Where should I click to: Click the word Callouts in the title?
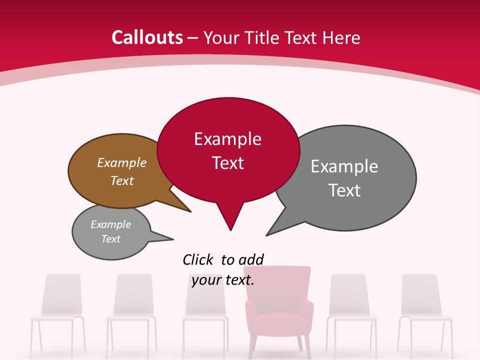coord(147,37)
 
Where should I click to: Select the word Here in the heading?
coord(341,37)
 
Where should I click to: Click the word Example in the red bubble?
coord(227,139)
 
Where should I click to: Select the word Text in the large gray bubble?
coord(344,190)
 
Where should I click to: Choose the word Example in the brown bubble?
coord(122,162)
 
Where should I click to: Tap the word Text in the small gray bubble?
coord(111,239)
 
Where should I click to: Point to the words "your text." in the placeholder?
coord(223,280)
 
